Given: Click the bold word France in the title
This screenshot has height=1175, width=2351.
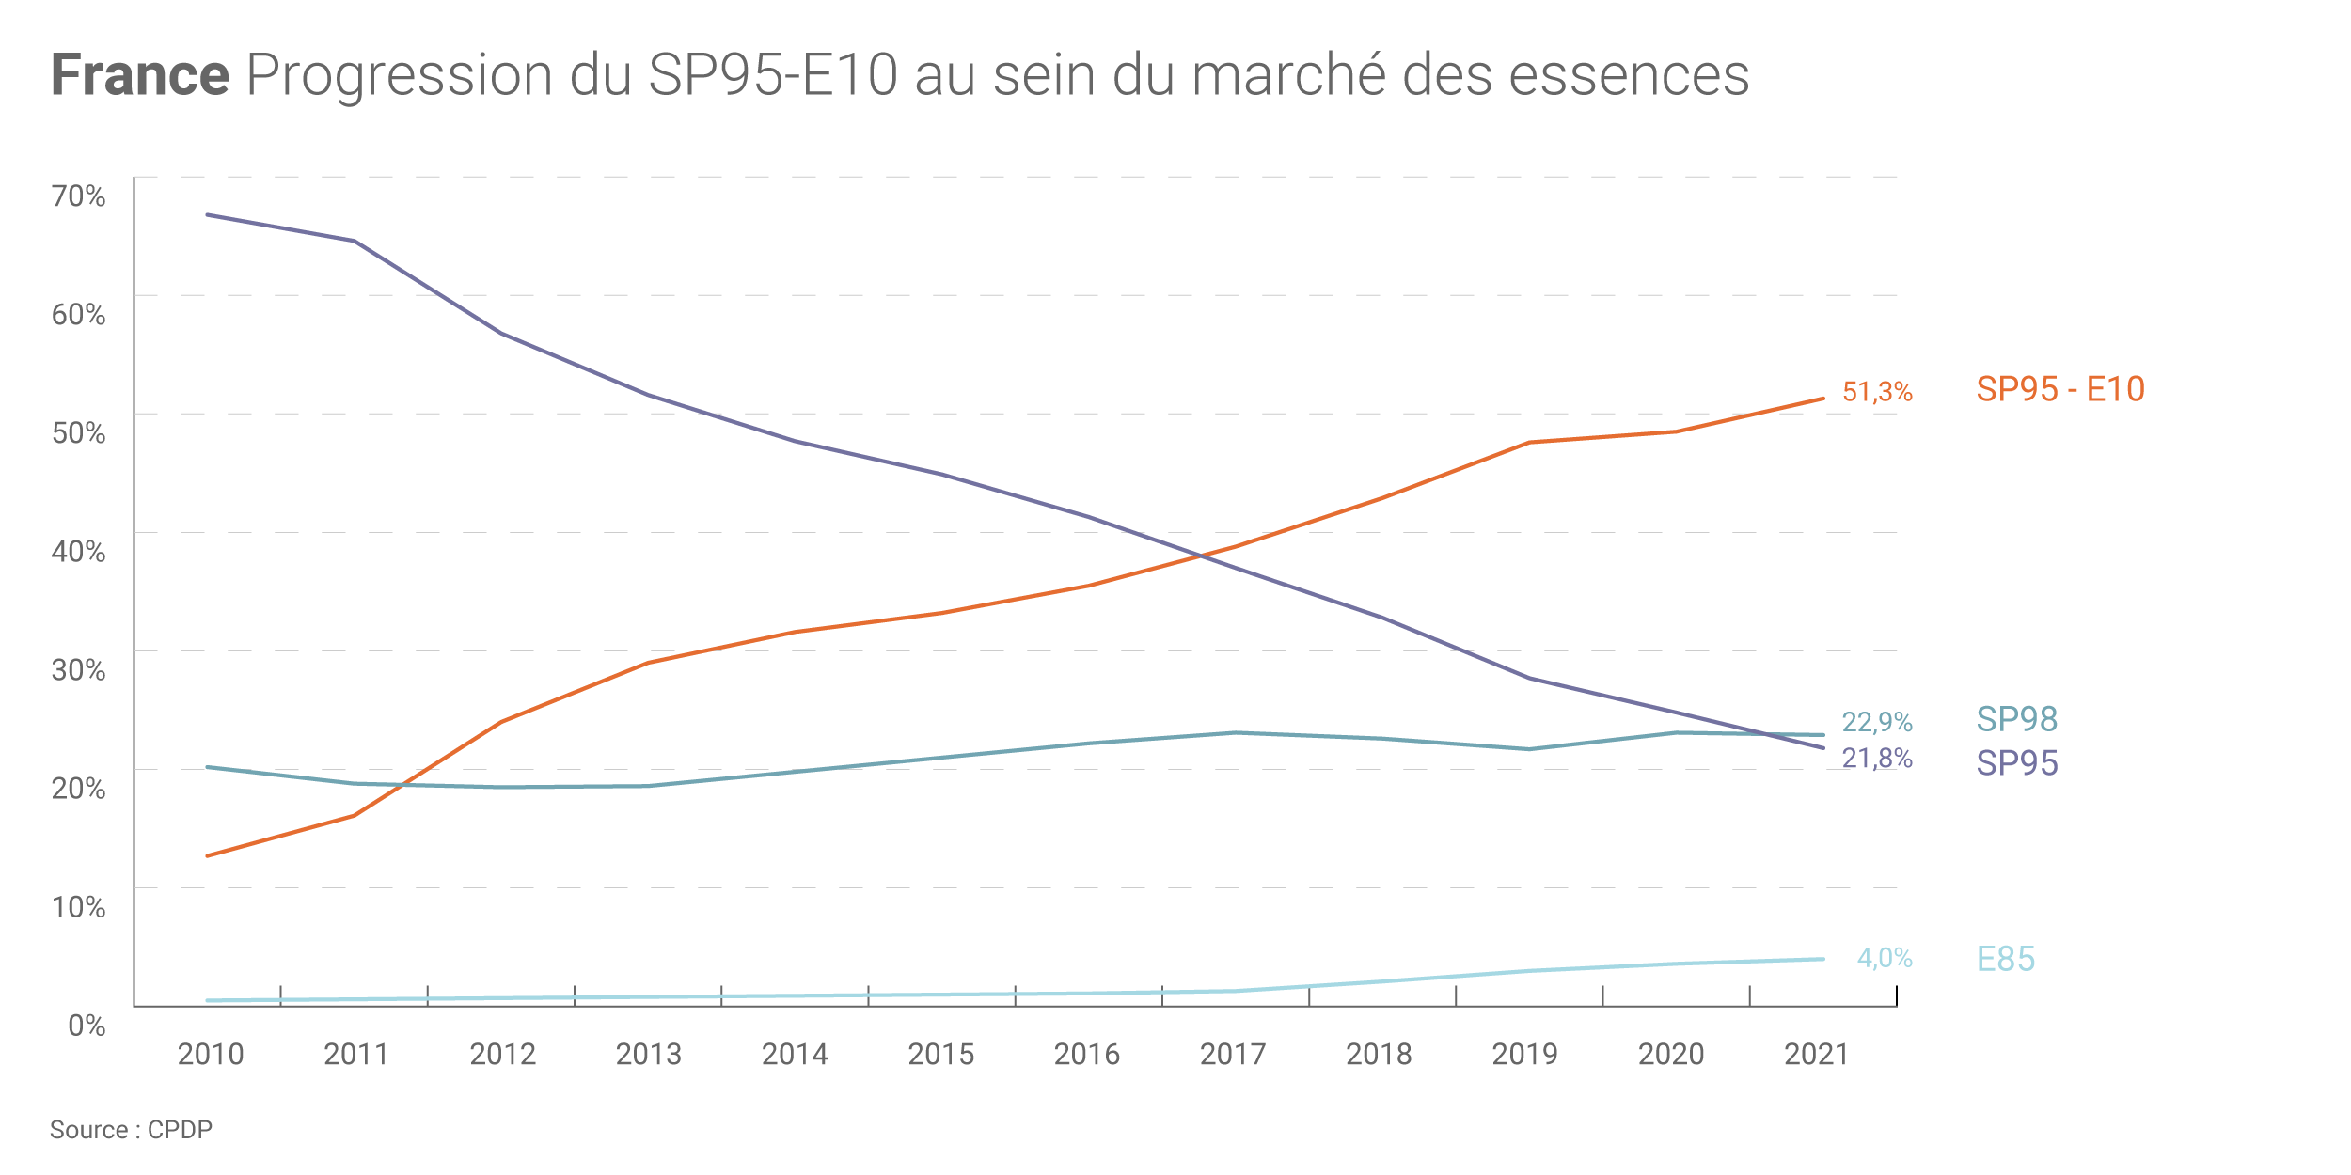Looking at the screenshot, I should (140, 75).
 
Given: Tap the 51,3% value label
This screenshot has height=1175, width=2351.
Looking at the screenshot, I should (1877, 392).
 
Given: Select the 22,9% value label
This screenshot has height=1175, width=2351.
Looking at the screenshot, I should (1876, 722).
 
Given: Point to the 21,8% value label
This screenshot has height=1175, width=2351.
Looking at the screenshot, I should (1876, 759).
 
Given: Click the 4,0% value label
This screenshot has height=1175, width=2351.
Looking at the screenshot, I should (1885, 958).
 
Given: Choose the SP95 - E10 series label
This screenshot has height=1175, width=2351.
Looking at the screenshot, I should (2059, 389).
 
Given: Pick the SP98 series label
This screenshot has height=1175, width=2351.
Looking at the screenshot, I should (2017, 719).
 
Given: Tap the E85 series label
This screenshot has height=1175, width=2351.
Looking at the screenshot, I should (2006, 959).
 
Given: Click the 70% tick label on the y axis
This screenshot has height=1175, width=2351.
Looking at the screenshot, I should (79, 196).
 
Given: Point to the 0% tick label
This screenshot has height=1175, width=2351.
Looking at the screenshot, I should (87, 1025).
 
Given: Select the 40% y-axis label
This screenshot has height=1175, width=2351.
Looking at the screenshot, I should (79, 552).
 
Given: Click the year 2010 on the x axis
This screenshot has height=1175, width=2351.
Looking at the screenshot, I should (211, 1055).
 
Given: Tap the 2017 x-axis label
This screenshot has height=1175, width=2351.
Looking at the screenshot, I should (1233, 1055).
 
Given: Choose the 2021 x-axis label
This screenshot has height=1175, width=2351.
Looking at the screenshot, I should (1817, 1055).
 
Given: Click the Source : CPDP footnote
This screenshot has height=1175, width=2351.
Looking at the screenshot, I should (131, 1130).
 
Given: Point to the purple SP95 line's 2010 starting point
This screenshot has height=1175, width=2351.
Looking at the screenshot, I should (208, 215).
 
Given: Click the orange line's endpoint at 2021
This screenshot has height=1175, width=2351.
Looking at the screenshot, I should (1823, 399).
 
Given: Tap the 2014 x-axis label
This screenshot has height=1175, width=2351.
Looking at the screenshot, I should (795, 1055).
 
